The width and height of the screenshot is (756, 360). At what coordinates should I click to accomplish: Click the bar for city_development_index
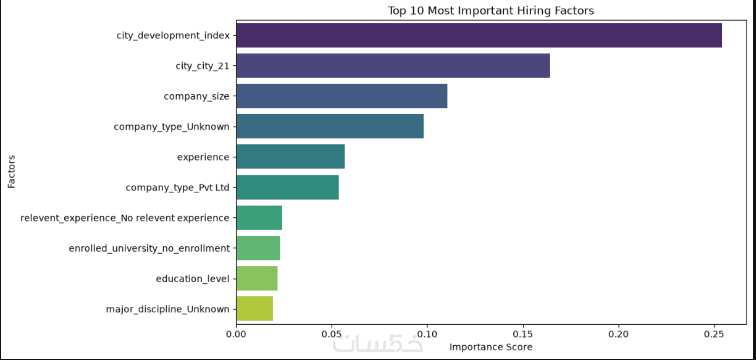coord(479,35)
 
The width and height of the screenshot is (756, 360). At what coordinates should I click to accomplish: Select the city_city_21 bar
coord(393,66)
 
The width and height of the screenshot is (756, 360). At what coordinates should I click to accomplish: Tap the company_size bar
coord(342,96)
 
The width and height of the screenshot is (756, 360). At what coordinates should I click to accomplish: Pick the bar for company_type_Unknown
coord(330,126)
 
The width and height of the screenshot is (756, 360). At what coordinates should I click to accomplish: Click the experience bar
coord(291,157)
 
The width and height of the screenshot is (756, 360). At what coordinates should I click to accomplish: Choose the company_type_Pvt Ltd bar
coord(287,187)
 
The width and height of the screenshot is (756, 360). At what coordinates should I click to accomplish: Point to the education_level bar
coord(257,278)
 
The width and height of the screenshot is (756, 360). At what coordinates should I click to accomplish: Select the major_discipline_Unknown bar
coord(255,309)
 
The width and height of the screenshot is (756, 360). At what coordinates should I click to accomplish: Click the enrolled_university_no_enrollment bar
coord(258,248)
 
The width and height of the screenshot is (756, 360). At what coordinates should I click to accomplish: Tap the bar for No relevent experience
coord(259,217)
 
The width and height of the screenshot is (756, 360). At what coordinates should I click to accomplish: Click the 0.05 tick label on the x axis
coord(332,334)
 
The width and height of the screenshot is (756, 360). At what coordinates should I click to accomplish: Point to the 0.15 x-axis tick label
coord(523,334)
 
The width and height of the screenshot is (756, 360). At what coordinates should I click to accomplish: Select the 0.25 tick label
coord(714,334)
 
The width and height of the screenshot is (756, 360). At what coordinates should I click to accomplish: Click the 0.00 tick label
coord(236,334)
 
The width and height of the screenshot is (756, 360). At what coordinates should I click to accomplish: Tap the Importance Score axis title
coord(491,347)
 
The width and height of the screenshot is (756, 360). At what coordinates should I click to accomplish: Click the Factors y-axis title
coord(12,172)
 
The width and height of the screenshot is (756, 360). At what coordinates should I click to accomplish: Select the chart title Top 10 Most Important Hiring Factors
coord(491,11)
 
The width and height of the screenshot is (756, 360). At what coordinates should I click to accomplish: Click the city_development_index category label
coord(173,35)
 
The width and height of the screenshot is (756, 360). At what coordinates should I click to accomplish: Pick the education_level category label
coord(193,279)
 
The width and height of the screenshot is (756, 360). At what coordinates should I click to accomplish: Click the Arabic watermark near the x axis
coord(377,344)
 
